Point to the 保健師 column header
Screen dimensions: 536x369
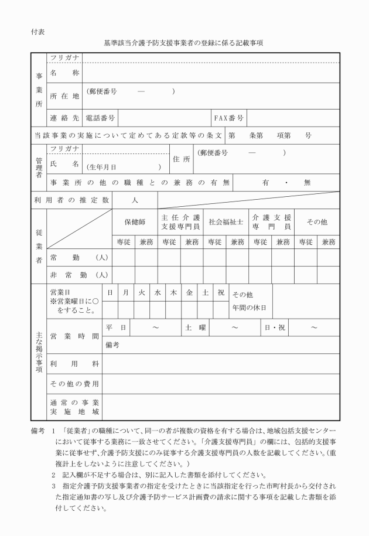(x=135, y=222)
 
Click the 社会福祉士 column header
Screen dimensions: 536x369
(x=225, y=222)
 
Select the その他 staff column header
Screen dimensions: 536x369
(x=317, y=222)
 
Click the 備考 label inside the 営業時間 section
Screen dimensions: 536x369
(x=112, y=345)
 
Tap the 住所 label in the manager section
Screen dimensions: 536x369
(x=181, y=159)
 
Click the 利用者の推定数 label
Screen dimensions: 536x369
(x=71, y=200)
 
